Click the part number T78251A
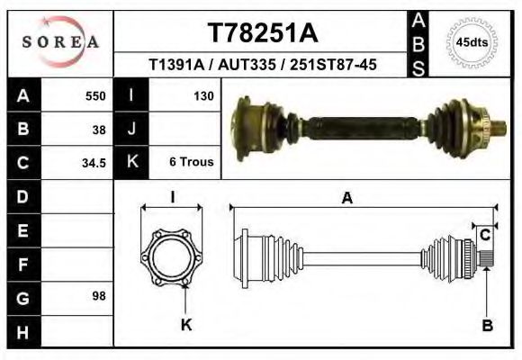263,33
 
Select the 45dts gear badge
472,42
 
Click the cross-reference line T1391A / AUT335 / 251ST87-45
263,66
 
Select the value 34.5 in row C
94,163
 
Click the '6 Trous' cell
191,163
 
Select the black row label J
131,129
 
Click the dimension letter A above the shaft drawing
346,200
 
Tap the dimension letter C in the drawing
484,236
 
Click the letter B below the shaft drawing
487,326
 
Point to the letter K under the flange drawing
186,326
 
